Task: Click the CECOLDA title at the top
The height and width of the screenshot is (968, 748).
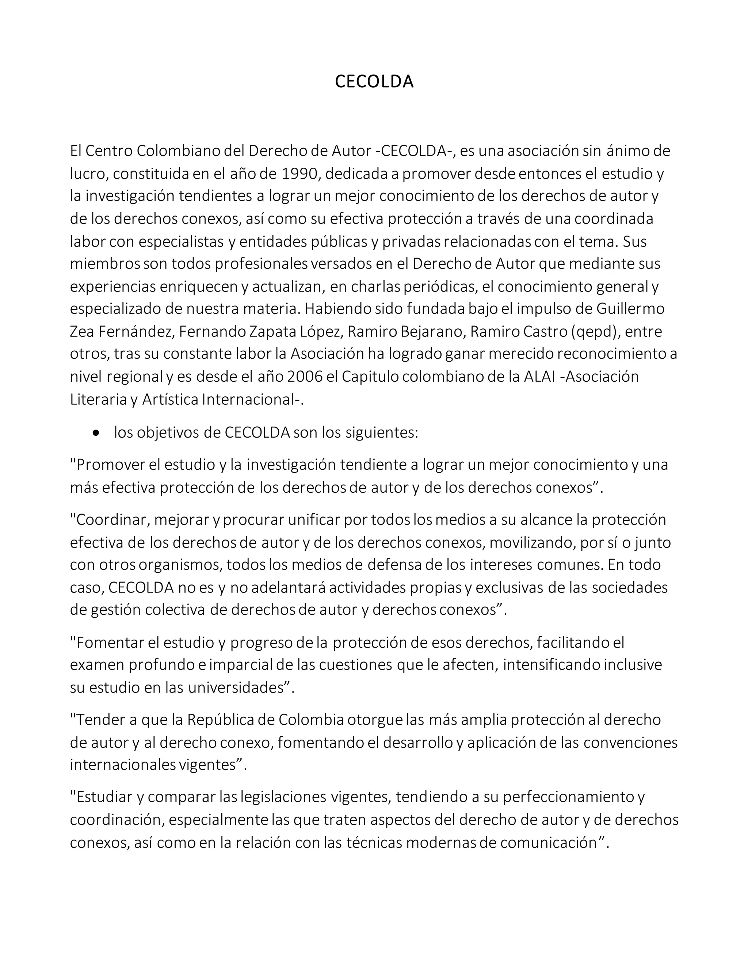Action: click(374, 81)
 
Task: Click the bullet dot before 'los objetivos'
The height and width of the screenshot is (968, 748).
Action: click(96, 432)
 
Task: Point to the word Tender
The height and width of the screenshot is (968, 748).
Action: click(100, 719)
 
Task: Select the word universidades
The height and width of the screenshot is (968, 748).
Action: click(236, 687)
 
